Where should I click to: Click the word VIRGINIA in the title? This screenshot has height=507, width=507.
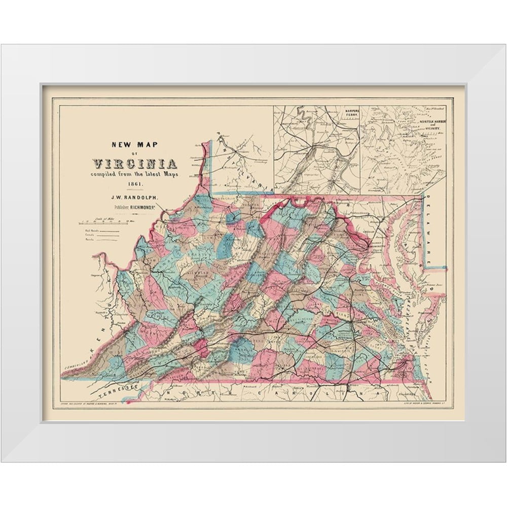pyautogui.click(x=135, y=164)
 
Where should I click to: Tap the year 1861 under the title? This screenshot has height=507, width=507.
pyautogui.click(x=134, y=183)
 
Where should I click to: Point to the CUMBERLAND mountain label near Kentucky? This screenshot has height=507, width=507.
pyautogui.click(x=76, y=366)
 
